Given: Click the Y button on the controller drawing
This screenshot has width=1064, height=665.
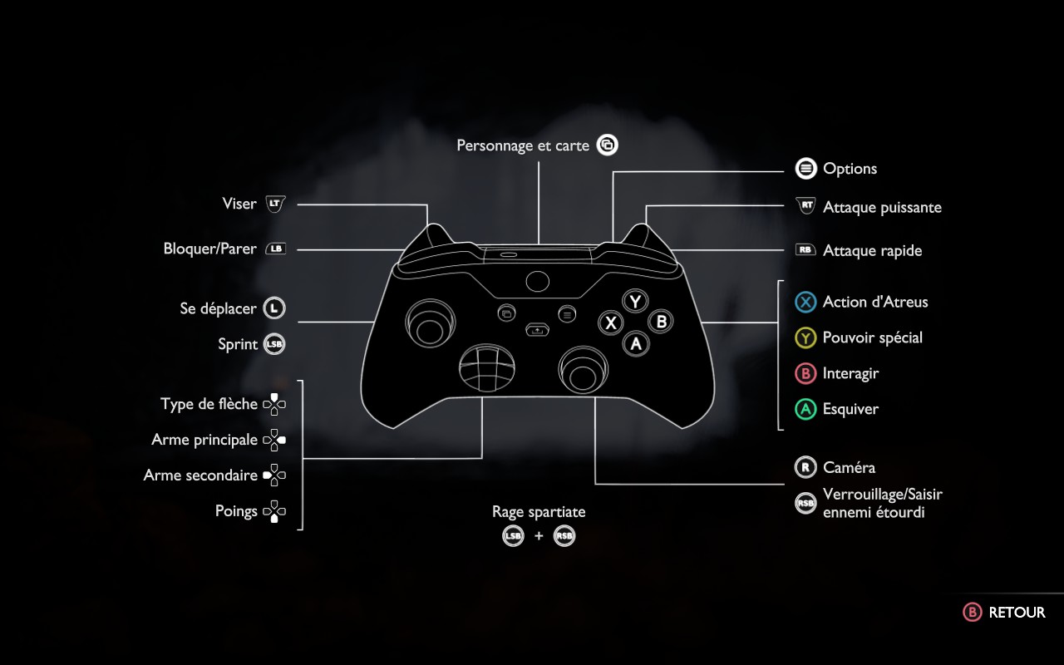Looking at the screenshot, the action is pyautogui.click(x=635, y=301).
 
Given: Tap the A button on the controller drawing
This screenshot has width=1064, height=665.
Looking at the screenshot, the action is pyautogui.click(x=636, y=343).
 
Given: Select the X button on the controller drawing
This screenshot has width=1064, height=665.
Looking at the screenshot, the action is pyautogui.click(x=611, y=323).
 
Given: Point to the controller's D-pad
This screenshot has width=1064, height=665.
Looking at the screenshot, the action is pyautogui.click(x=487, y=368).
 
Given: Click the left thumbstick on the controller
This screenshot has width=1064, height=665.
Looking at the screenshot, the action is pyautogui.click(x=431, y=323).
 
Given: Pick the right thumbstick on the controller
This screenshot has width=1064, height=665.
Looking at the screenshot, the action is pyautogui.click(x=583, y=371).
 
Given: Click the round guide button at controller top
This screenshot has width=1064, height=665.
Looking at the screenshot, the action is pyautogui.click(x=538, y=282).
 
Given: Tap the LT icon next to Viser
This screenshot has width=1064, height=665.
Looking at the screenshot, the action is pyautogui.click(x=275, y=204).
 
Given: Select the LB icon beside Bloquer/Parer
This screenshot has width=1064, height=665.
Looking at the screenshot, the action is pyautogui.click(x=275, y=249).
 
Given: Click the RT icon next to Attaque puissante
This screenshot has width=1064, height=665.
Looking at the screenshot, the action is pyautogui.click(x=805, y=205).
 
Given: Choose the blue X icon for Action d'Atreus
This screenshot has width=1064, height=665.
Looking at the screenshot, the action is pyautogui.click(x=805, y=302).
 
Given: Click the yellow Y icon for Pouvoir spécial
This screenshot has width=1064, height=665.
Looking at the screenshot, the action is pyautogui.click(x=805, y=337).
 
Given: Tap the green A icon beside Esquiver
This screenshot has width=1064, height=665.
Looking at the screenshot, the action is pyautogui.click(x=805, y=409).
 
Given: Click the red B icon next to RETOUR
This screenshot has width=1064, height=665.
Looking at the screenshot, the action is pyautogui.click(x=972, y=613).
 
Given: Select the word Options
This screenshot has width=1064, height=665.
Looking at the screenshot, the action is pyautogui.click(x=850, y=169).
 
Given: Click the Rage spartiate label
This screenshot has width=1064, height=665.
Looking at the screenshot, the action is pyautogui.click(x=539, y=511).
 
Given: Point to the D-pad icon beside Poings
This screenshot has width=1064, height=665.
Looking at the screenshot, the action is pyautogui.click(x=274, y=511).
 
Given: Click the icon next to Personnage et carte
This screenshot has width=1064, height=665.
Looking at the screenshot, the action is pyautogui.click(x=608, y=145).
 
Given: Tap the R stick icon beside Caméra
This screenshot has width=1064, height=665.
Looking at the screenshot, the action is pyautogui.click(x=805, y=467).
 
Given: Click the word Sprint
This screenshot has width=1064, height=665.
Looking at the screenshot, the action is pyautogui.click(x=238, y=344).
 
